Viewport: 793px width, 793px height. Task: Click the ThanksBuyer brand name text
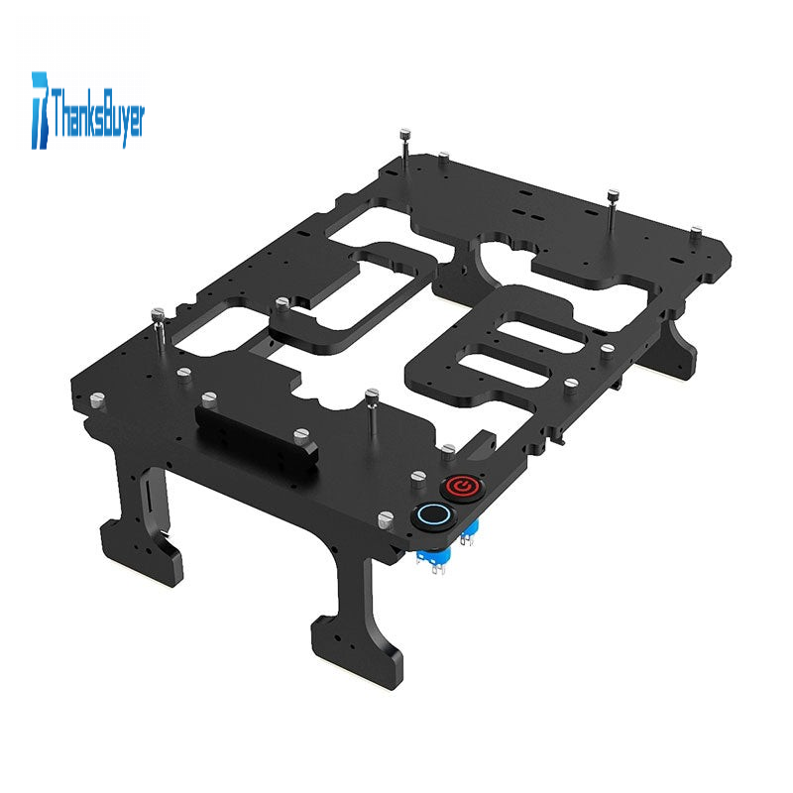(x=97, y=114)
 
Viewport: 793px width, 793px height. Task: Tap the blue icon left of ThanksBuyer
(x=40, y=110)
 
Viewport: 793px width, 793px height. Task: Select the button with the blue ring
(x=433, y=514)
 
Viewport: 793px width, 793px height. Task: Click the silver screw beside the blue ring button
(x=386, y=519)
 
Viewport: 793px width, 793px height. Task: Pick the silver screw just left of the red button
(x=417, y=478)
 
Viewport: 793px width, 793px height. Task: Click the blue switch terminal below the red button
(x=469, y=532)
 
